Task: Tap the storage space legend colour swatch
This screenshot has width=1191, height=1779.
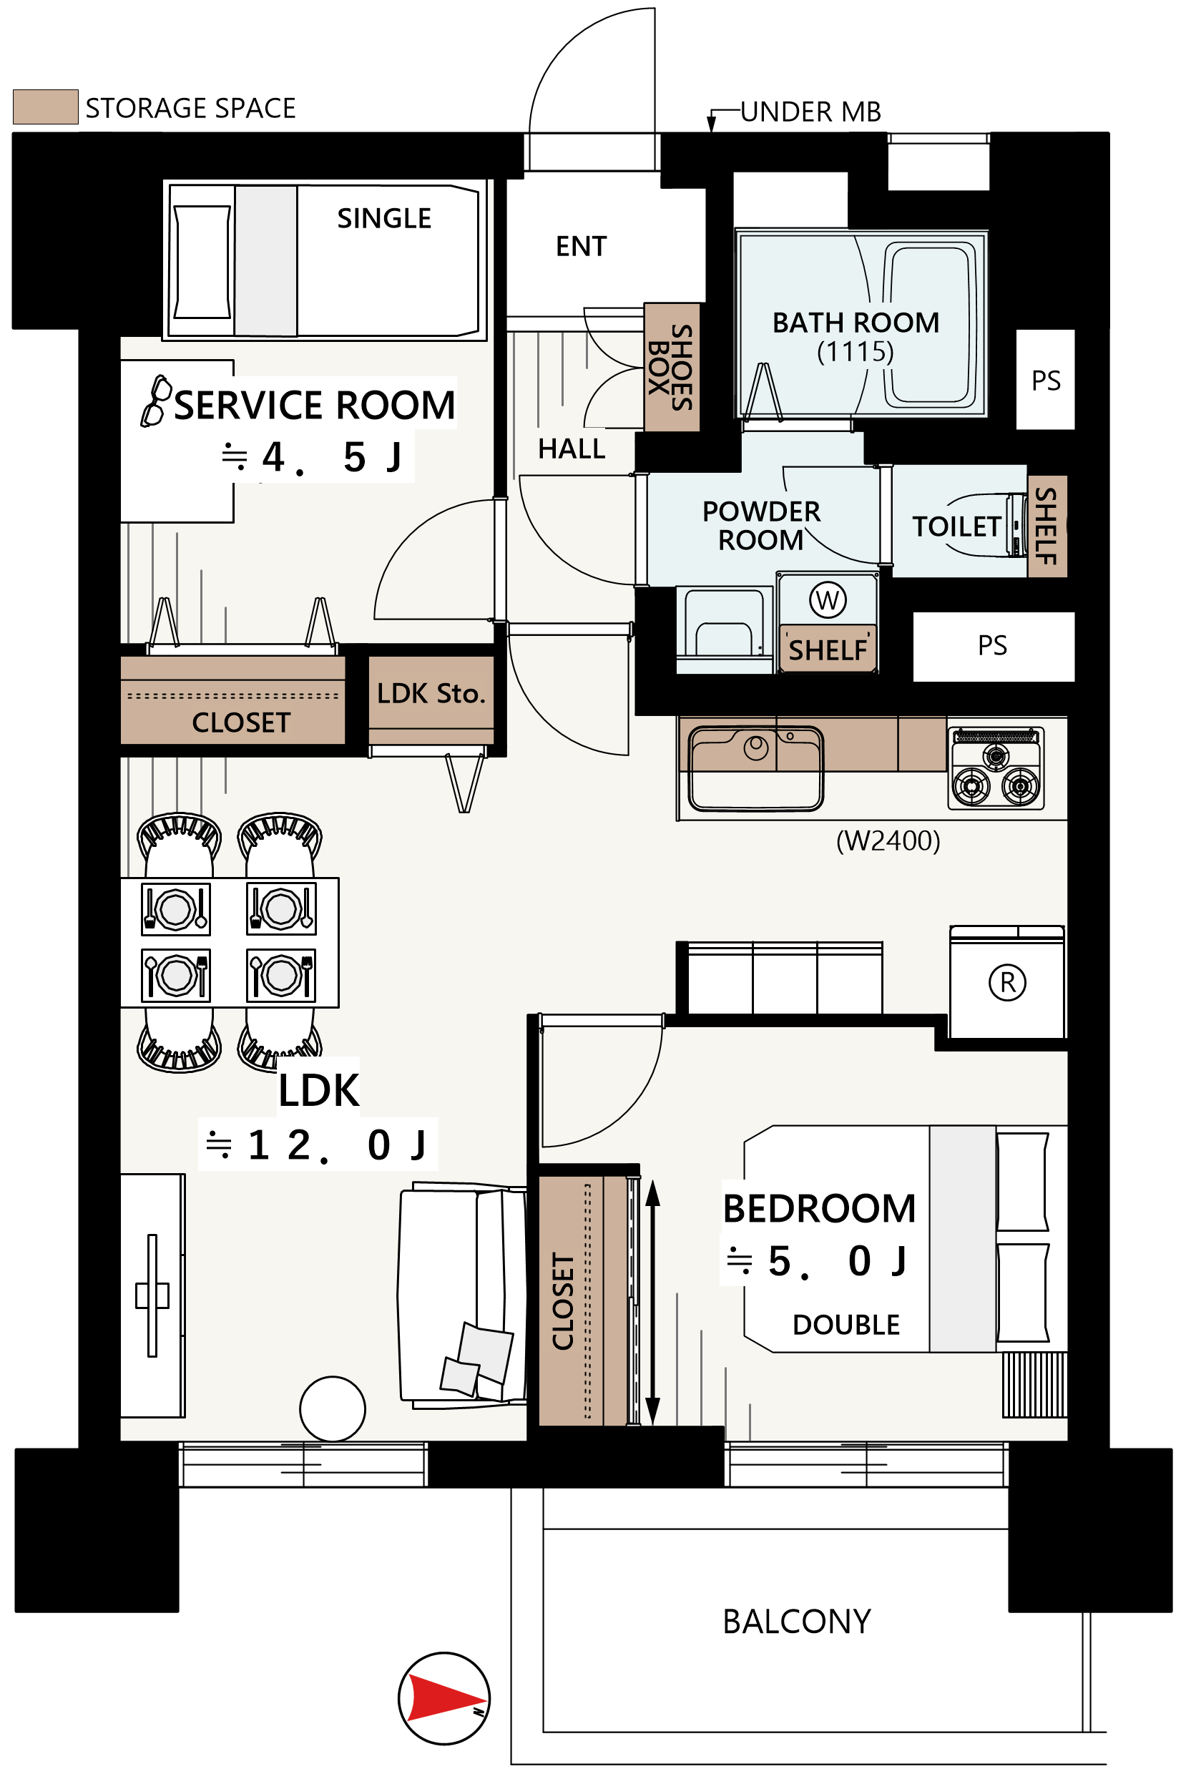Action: (46, 107)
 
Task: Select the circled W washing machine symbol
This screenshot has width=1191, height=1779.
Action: (827, 600)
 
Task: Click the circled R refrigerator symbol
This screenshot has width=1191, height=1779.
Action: (1007, 982)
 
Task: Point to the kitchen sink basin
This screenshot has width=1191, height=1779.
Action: (756, 769)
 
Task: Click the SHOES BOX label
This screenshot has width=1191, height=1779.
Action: (671, 368)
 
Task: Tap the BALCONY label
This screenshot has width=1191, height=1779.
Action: (796, 1622)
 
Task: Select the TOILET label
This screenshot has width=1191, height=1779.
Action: (956, 526)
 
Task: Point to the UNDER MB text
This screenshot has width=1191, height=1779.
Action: (810, 112)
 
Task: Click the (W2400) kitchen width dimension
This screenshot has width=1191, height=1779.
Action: (888, 841)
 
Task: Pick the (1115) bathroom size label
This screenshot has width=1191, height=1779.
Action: (856, 352)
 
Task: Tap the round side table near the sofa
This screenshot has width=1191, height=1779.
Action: (333, 1409)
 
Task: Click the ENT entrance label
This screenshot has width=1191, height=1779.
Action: (581, 246)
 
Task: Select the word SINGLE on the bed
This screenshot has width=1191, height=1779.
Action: (383, 219)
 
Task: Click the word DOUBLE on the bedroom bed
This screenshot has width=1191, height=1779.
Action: (846, 1325)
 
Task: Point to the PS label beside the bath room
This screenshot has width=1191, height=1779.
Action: (1045, 381)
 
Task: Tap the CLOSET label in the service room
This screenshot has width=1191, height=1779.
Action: (241, 722)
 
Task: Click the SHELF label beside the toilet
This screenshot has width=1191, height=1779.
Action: (1047, 526)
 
